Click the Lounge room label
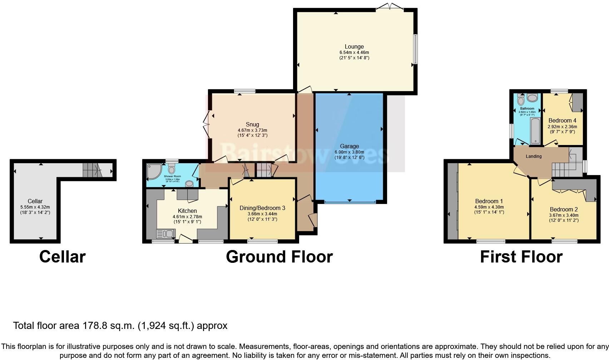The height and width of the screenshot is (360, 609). [x=354, y=46]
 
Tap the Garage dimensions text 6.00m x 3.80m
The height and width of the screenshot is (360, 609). [x=349, y=152]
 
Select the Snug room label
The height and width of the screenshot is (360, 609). [x=252, y=124]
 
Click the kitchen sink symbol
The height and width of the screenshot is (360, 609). [x=165, y=234]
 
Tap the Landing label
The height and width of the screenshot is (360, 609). [x=534, y=156]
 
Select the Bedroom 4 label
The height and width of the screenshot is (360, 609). [x=562, y=120]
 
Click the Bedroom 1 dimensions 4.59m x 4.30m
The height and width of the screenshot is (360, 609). [x=489, y=207]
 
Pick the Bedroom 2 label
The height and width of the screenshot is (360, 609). [x=564, y=209]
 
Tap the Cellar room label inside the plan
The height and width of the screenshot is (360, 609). [x=35, y=201]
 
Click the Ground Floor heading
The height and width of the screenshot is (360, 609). [x=279, y=257]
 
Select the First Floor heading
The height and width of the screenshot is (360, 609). [x=521, y=257]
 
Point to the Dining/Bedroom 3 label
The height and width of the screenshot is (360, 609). [x=262, y=208]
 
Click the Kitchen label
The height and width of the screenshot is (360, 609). [x=187, y=211]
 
